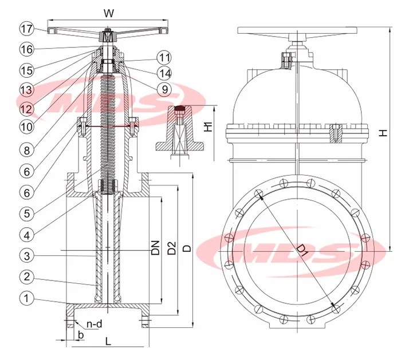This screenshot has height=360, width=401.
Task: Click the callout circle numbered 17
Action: [x=26, y=28]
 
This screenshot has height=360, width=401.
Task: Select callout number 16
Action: [x=26, y=49]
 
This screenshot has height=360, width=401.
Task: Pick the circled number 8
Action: [x=26, y=150]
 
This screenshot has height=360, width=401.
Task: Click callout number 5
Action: [x=26, y=212]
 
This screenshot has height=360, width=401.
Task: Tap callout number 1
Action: [x=26, y=298]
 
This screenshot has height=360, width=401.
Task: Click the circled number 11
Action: [x=164, y=57]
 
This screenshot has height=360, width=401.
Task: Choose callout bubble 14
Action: [x=164, y=72]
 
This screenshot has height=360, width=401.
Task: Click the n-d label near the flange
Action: [x=95, y=324]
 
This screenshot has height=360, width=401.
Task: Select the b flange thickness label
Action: [x=81, y=334]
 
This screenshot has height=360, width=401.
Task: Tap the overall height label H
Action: [x=384, y=133]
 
